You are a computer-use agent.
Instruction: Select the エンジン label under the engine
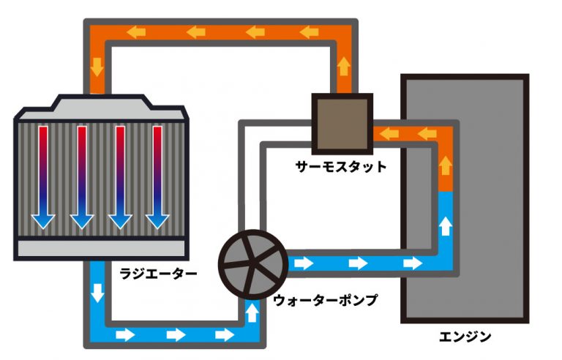[465, 337]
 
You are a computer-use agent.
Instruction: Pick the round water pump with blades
[253, 261]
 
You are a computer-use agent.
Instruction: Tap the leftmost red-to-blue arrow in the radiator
[43, 176]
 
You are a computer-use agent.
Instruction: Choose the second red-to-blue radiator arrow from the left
[81, 176]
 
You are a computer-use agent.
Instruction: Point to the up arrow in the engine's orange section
[443, 163]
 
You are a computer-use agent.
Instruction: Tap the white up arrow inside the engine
[443, 225]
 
